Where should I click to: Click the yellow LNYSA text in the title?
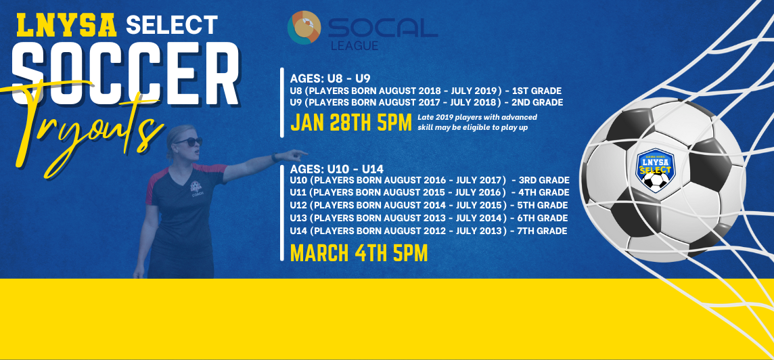pos(67,25)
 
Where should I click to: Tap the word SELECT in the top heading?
pos(171,25)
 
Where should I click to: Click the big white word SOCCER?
pos(125,74)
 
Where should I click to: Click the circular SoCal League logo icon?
pos(304,28)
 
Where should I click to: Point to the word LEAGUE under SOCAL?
pos(355,46)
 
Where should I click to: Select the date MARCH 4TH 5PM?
pos(359,252)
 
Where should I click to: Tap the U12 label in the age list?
pos(298,205)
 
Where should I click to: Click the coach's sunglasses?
pos(188,141)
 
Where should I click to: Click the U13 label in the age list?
pos(298,218)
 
